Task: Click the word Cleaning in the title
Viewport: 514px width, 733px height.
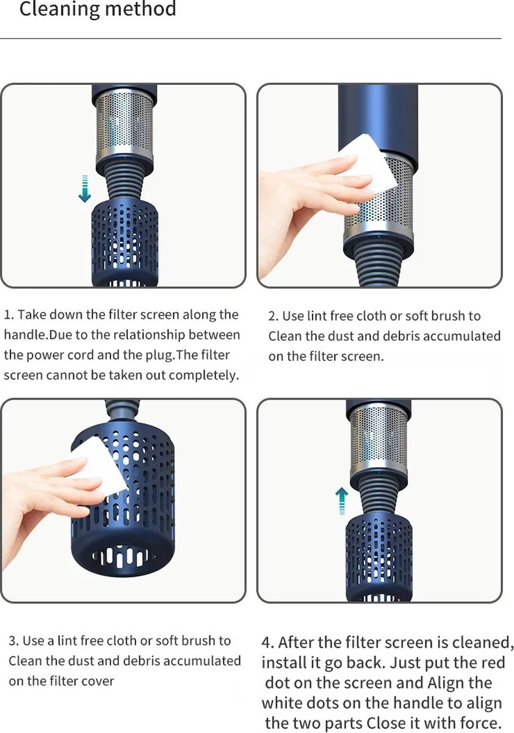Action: click(59, 9)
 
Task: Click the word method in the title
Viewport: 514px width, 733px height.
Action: click(140, 9)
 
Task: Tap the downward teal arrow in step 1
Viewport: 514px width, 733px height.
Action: click(85, 189)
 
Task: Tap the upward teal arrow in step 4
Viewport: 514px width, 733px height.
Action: click(342, 501)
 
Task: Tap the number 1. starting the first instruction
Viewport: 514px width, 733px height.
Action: click(9, 315)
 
